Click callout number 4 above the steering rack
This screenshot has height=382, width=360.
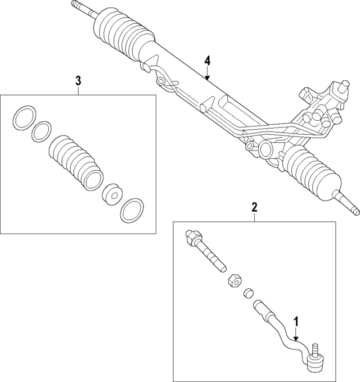tap(207, 61)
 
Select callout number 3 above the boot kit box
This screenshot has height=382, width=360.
tap(78, 81)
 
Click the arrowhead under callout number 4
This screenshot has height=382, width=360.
tap(207, 79)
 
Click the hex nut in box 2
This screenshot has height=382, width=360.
tap(234, 279)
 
